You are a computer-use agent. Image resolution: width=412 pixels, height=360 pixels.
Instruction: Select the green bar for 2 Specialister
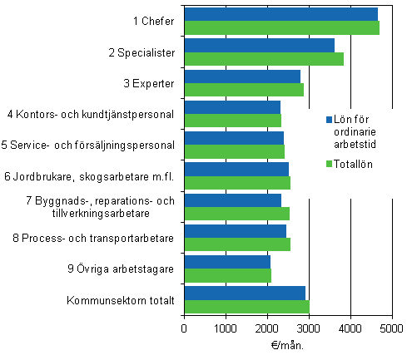[264, 59]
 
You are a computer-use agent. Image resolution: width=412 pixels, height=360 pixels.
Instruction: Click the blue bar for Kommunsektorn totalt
[245, 293]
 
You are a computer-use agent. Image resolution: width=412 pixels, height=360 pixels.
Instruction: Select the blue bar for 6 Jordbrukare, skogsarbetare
[236, 169]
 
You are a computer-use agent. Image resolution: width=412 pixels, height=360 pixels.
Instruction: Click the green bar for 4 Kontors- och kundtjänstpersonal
[232, 121]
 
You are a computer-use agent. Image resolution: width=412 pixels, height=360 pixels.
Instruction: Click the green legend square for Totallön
[329, 163]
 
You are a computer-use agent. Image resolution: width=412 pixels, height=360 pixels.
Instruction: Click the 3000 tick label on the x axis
[309, 328]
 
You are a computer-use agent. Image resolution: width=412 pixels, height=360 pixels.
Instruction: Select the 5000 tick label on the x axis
[392, 328]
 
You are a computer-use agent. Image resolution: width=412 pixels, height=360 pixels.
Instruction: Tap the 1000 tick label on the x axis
[226, 328]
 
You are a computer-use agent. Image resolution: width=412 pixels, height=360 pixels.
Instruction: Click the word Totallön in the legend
[354, 163]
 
